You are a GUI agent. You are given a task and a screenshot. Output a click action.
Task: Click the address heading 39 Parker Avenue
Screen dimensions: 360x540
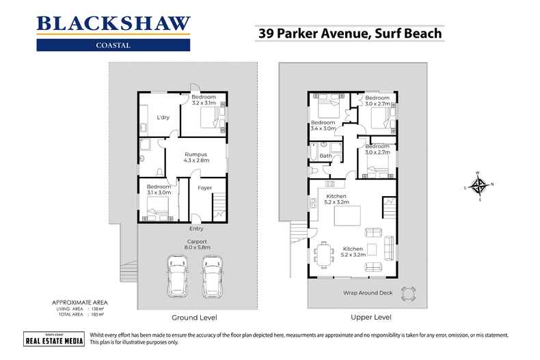coord(349,32)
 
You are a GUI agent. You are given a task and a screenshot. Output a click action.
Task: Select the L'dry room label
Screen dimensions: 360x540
coord(163,117)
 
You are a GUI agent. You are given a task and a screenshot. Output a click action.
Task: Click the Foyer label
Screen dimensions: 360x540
coord(205,188)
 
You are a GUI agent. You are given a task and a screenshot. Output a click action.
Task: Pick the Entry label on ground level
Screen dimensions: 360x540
coord(197,229)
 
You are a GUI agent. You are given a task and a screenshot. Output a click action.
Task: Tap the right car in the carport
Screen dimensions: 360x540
coord(212,277)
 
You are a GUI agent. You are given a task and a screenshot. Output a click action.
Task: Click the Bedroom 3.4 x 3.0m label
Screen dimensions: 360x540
coord(323,125)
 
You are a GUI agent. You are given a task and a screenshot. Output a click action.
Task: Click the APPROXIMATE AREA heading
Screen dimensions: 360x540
coord(79,302)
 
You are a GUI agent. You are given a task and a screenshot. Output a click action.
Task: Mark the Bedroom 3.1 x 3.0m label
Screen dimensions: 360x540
coord(159,190)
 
